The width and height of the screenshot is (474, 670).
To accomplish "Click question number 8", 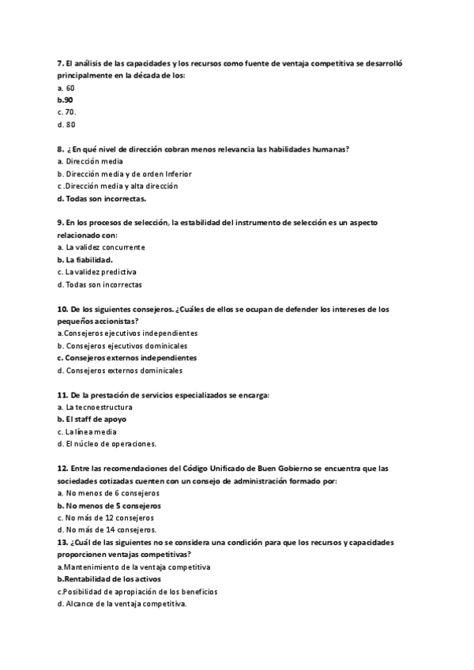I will [x=61, y=149].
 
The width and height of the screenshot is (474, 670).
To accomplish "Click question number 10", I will [x=62, y=309].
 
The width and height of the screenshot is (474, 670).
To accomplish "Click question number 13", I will [x=62, y=542].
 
